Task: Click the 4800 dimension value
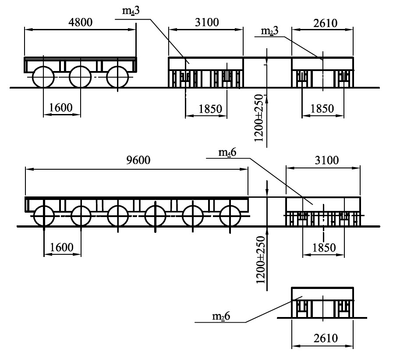point(80,22)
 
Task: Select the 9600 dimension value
point(138,160)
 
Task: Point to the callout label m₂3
point(268,32)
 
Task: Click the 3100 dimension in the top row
point(206,22)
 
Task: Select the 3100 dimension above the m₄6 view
point(326,160)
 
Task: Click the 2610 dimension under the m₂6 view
point(323,339)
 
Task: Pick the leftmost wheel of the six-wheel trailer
point(43,216)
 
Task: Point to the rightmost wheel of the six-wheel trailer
point(230,216)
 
